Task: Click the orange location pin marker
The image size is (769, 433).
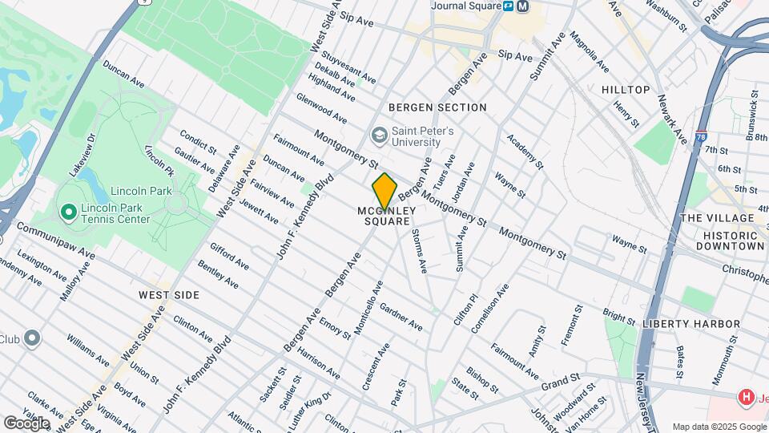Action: coord(384,192)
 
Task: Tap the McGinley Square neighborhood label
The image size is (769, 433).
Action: coord(384,216)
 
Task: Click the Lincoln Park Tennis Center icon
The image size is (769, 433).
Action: coord(69,212)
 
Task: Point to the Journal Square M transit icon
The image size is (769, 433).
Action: coord(523,6)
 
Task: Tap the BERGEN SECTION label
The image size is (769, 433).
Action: coord(437,107)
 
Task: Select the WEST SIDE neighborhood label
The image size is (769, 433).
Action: coord(169,295)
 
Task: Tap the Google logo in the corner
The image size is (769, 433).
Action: coord(26,423)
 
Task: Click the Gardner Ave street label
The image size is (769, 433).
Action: coord(401,318)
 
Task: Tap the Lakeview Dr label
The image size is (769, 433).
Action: coord(82,149)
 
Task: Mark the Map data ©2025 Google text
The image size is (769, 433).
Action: coord(719,427)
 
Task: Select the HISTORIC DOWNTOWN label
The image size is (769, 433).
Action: coord(730,241)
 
